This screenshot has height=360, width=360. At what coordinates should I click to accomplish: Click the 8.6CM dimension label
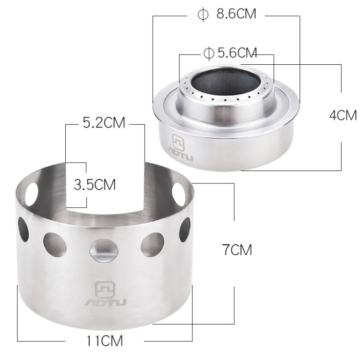236,13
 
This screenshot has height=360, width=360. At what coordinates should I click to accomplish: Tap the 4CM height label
344,115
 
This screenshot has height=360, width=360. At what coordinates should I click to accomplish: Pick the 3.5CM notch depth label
95,184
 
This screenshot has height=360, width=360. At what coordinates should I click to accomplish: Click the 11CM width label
105,341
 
